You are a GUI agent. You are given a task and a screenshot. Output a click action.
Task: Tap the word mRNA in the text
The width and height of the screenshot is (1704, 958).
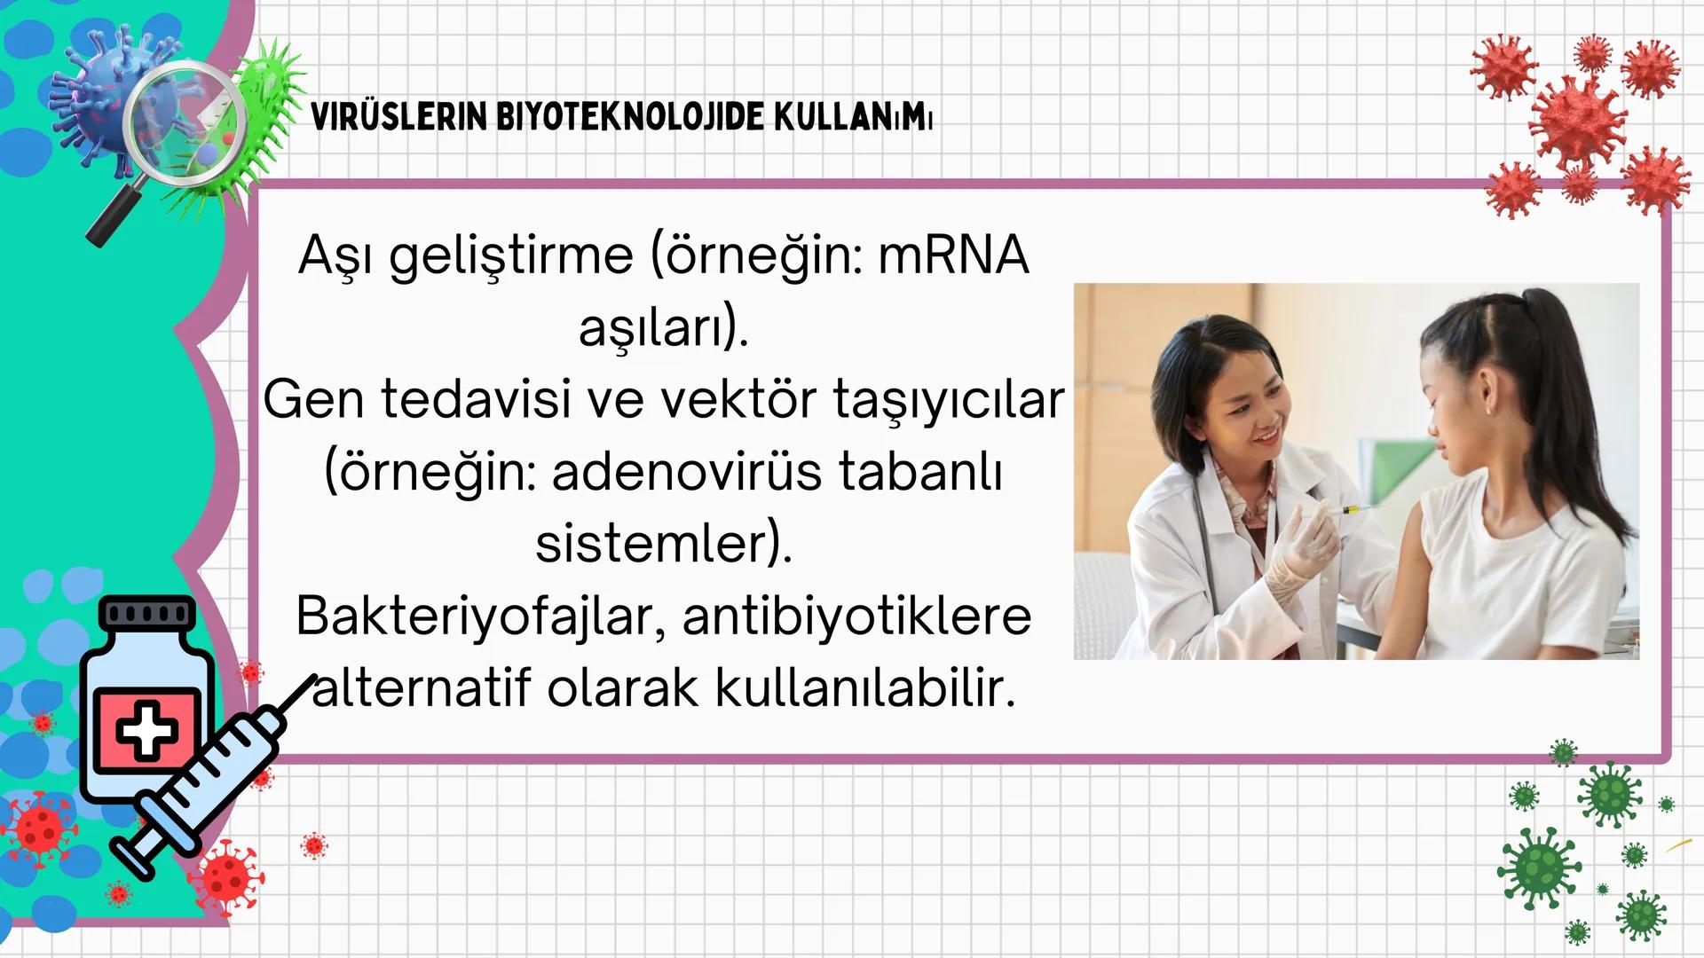[x=953, y=255]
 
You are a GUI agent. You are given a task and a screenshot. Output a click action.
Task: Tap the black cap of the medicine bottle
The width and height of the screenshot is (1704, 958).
[x=147, y=613]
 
